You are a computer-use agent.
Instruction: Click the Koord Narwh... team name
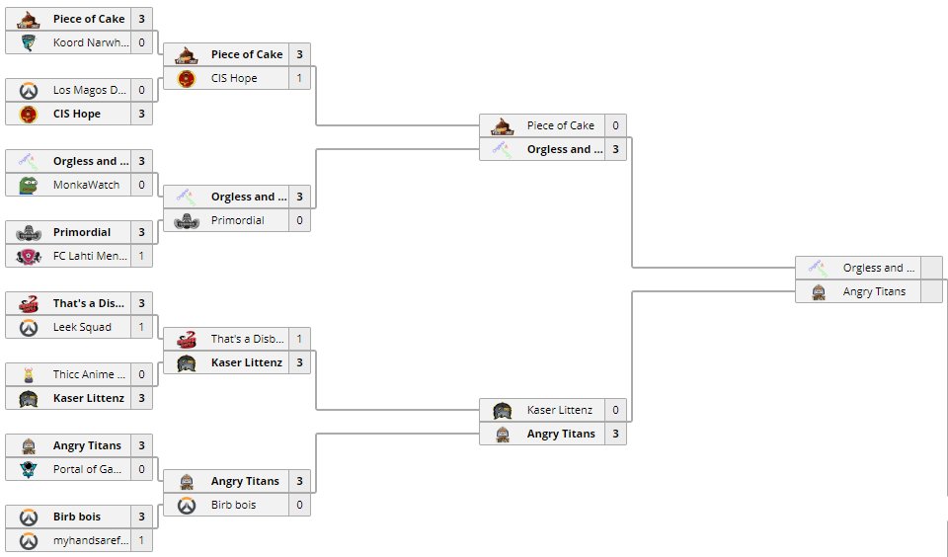(x=89, y=42)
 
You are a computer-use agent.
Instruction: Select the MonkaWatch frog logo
(x=29, y=185)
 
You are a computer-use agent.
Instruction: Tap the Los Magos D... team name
(x=89, y=90)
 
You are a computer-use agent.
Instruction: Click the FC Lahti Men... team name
(x=89, y=256)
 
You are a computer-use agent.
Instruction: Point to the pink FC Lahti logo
(x=29, y=256)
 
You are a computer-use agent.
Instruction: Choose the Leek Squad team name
(x=82, y=327)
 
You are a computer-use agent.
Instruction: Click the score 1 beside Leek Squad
(x=142, y=327)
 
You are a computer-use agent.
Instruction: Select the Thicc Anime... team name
(x=89, y=374)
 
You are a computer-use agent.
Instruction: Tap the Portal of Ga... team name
(x=88, y=469)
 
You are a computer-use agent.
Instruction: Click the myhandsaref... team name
(x=90, y=540)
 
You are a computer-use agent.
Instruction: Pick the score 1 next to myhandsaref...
(x=142, y=540)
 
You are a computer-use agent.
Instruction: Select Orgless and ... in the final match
(x=879, y=268)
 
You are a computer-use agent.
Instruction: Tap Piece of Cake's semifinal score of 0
(x=615, y=125)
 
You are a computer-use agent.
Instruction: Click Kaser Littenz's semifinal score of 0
(x=615, y=410)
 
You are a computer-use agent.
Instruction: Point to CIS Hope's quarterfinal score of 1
(x=299, y=78)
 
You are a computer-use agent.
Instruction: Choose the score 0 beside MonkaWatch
(x=142, y=185)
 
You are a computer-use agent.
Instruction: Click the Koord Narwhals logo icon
(x=29, y=42)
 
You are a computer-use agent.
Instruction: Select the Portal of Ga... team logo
(x=29, y=469)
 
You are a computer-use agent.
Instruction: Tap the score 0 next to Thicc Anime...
(x=142, y=374)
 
